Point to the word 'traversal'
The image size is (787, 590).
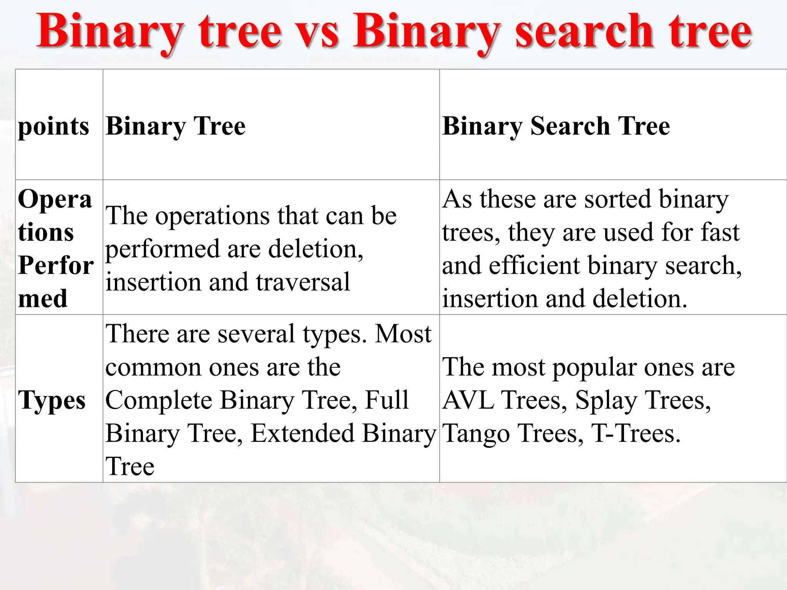click(x=303, y=282)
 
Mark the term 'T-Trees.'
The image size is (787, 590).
click(x=636, y=433)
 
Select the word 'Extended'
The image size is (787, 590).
click(x=302, y=433)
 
